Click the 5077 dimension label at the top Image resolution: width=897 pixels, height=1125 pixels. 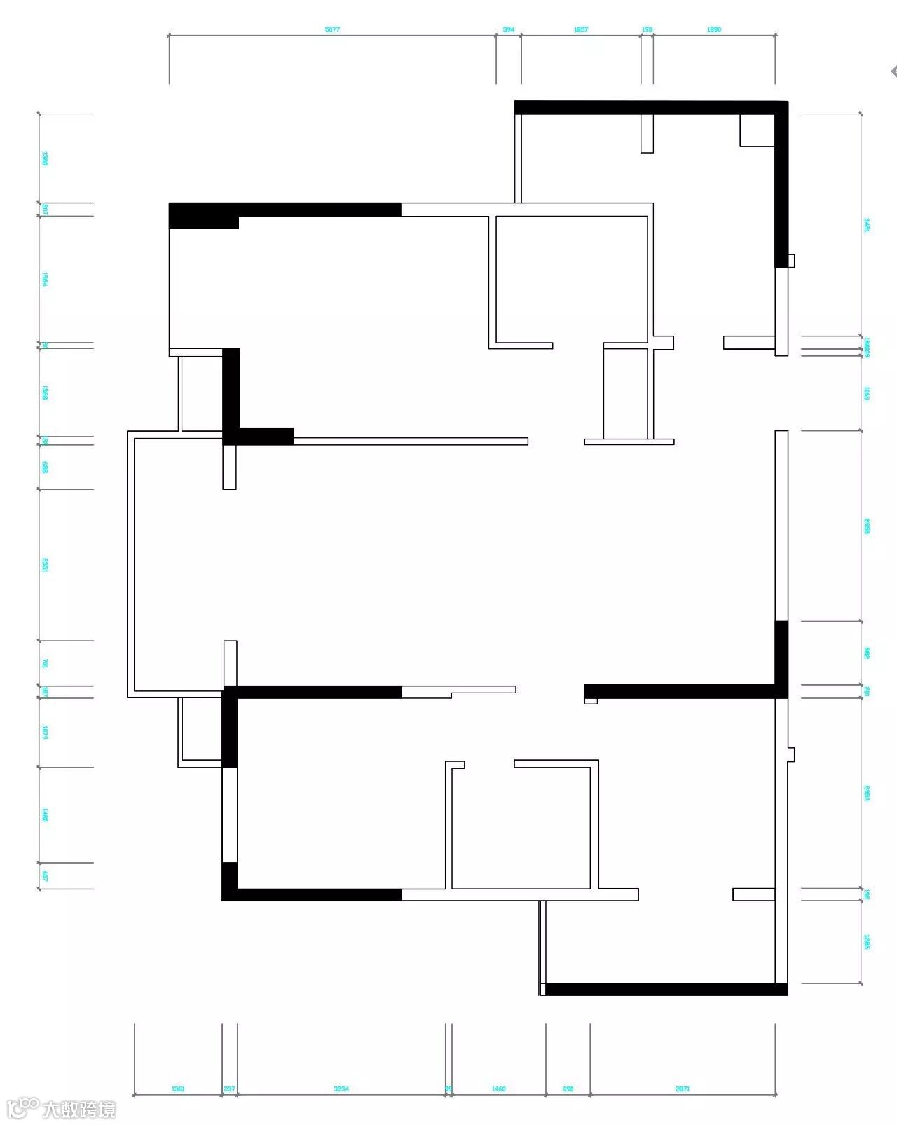coord(332,30)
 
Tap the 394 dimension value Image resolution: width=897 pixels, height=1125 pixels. coord(509,30)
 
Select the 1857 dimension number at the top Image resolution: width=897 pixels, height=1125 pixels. coord(581,30)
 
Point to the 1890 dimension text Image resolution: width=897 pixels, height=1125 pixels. coord(714,30)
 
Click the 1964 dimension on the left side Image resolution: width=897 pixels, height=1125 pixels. coord(45,279)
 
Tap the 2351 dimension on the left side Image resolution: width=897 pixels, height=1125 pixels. coord(45,564)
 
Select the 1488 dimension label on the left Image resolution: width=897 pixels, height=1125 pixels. coord(45,814)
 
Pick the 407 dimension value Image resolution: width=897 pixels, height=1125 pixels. coord(45,875)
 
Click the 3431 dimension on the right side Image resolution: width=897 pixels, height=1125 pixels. coord(867,225)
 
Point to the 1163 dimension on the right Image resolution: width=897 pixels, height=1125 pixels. coord(867,393)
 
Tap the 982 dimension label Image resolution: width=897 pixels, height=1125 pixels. coord(867,653)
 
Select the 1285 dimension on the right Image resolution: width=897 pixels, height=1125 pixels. coord(867,941)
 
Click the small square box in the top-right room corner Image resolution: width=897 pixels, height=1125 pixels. coord(757,130)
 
